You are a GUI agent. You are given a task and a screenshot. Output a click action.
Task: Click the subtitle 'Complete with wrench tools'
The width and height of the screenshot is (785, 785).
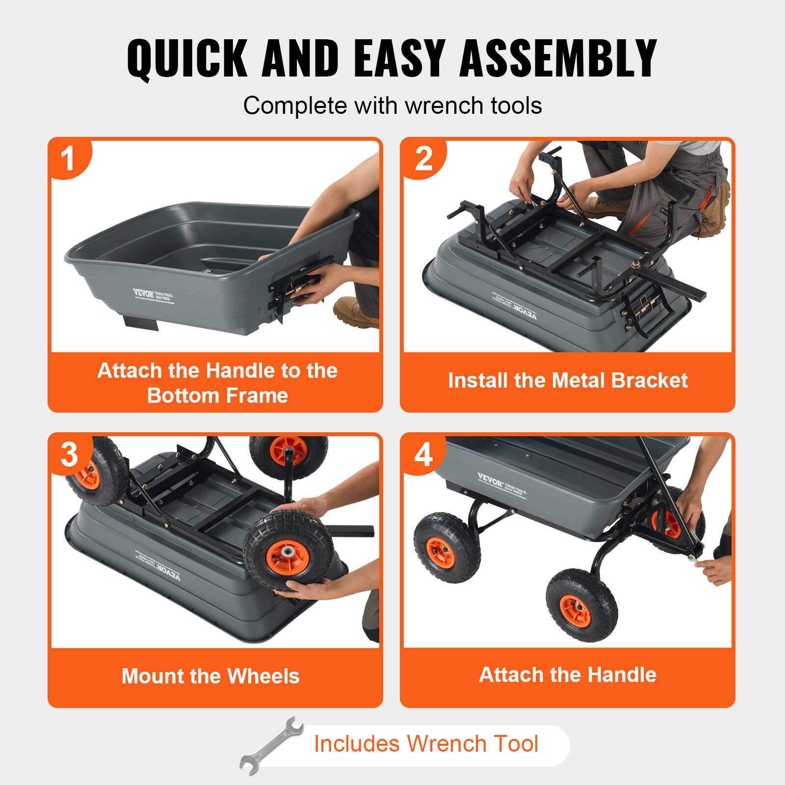click(392, 105)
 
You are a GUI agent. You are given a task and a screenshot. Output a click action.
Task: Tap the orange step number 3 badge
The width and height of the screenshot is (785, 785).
click(69, 454)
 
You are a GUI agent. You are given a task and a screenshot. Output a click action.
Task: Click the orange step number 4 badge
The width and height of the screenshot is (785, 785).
click(423, 454)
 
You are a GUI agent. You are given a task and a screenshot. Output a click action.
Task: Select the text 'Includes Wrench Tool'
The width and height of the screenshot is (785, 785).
click(426, 744)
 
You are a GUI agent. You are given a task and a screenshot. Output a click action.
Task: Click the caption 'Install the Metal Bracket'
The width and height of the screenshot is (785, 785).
click(568, 381)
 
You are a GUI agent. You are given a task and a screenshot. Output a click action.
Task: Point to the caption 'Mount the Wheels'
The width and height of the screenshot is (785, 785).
click(210, 676)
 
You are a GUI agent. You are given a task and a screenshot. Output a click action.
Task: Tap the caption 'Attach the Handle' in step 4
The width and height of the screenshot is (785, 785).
click(568, 675)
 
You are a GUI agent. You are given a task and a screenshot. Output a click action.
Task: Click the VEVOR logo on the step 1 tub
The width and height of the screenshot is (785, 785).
click(144, 293)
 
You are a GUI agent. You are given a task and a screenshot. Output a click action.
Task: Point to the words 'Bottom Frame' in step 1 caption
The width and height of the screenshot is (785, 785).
click(217, 395)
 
